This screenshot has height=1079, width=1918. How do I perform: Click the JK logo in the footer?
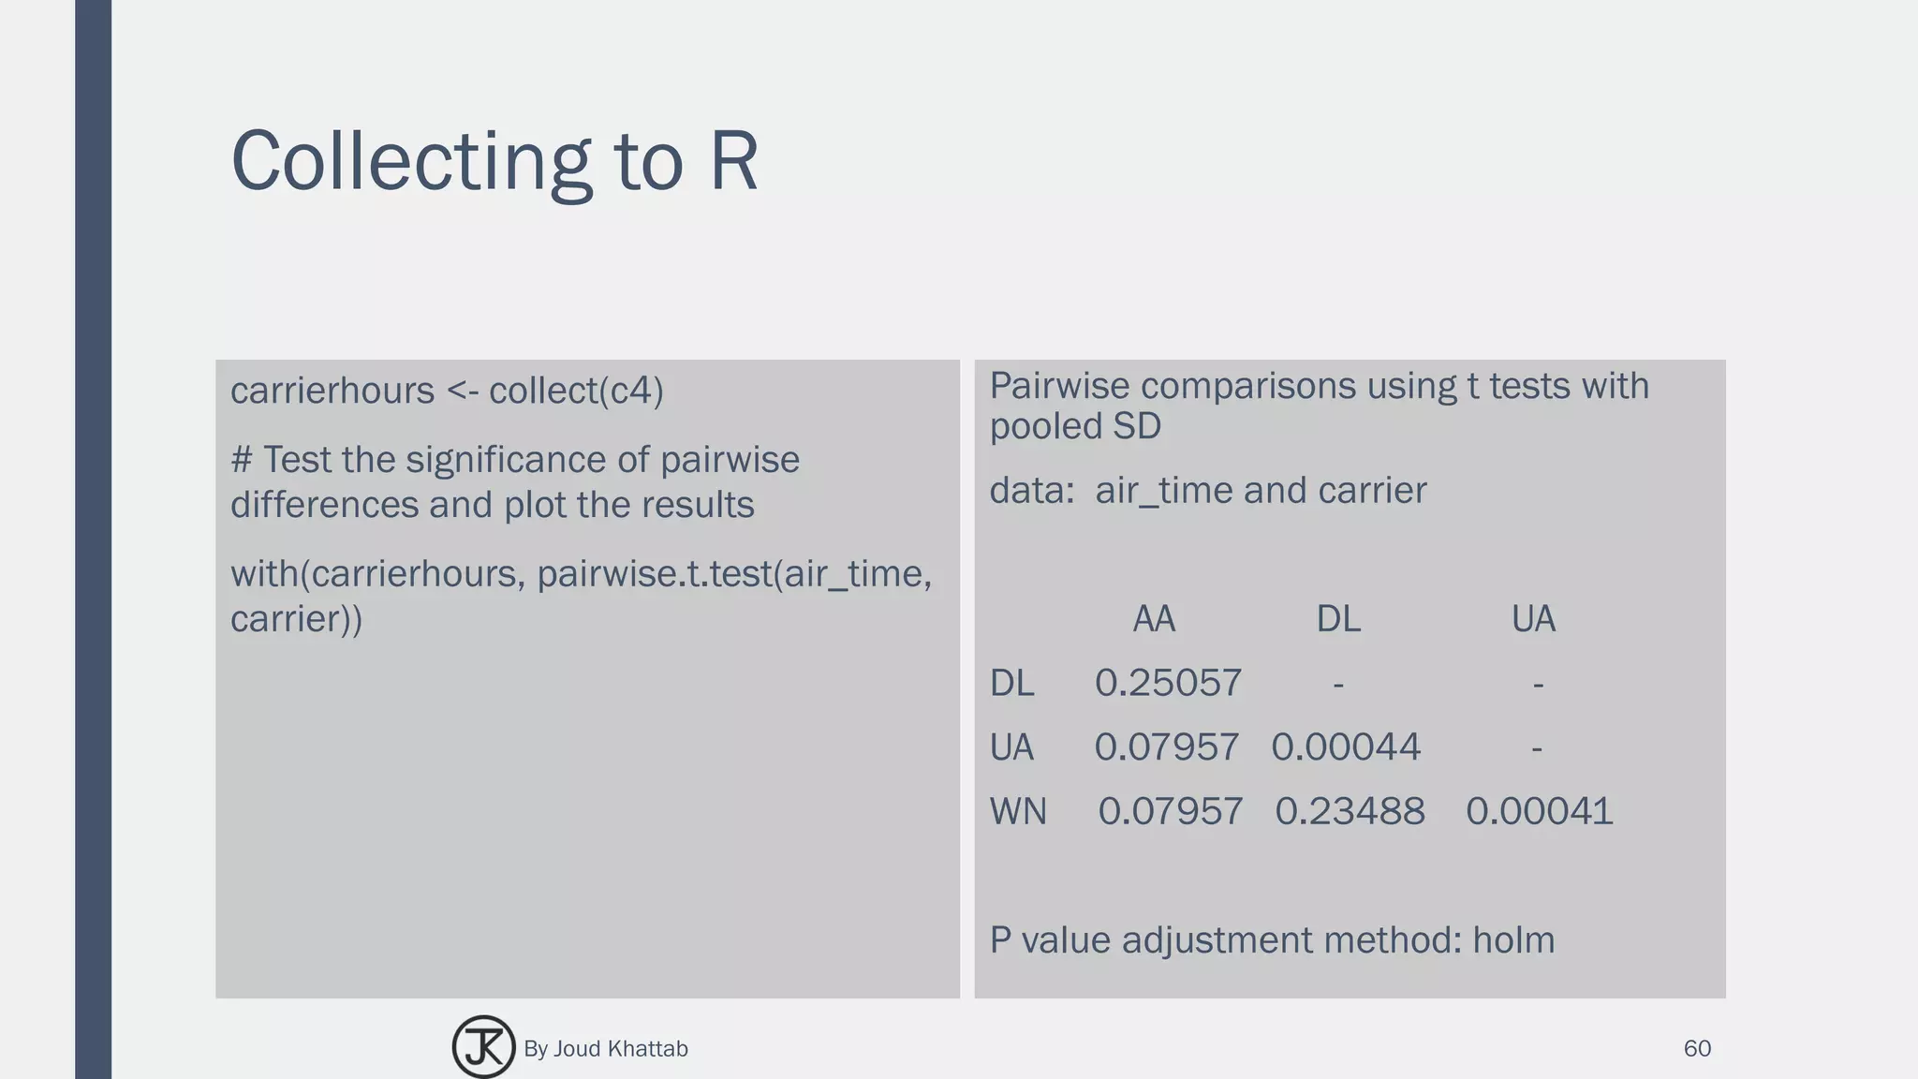pyautogui.click(x=483, y=1047)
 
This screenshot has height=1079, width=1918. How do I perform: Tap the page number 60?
pyautogui.click(x=1697, y=1048)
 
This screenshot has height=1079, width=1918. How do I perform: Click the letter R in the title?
pyautogui.click(x=733, y=161)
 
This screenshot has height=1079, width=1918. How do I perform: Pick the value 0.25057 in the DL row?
pyautogui.click(x=1168, y=683)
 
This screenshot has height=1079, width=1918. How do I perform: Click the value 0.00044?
pyautogui.click(x=1346, y=746)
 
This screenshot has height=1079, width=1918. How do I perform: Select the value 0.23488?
pyautogui.click(x=1350, y=811)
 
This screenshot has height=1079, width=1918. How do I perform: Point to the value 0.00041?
pyautogui.click(x=1539, y=811)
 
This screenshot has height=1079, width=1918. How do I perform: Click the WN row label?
pyautogui.click(x=1018, y=811)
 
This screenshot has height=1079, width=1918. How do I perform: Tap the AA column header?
pyautogui.click(x=1153, y=619)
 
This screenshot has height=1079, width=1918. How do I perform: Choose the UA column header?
pyautogui.click(x=1533, y=619)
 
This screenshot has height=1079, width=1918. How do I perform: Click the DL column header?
pyautogui.click(x=1338, y=619)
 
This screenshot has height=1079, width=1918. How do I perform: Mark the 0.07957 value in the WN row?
pyautogui.click(x=1171, y=811)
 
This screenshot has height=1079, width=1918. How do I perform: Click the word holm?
pyautogui.click(x=1513, y=939)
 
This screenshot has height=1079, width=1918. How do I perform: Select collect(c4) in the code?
pyautogui.click(x=576, y=391)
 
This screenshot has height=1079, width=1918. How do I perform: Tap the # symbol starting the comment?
pyautogui.click(x=242, y=460)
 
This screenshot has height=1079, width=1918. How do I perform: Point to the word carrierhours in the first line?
pyautogui.click(x=332, y=391)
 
